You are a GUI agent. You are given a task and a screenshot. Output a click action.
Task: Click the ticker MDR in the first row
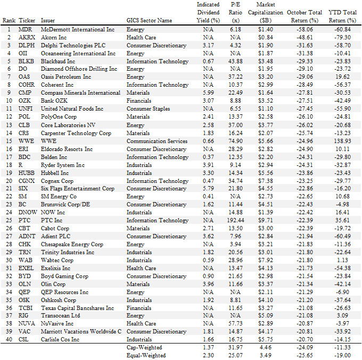tap(25, 29)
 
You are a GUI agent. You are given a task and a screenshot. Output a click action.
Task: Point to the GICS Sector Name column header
tap(149, 20)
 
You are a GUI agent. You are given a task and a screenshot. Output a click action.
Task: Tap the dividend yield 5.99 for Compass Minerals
tap(208, 93)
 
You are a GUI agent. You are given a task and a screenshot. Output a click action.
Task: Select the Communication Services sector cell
tap(157, 141)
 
